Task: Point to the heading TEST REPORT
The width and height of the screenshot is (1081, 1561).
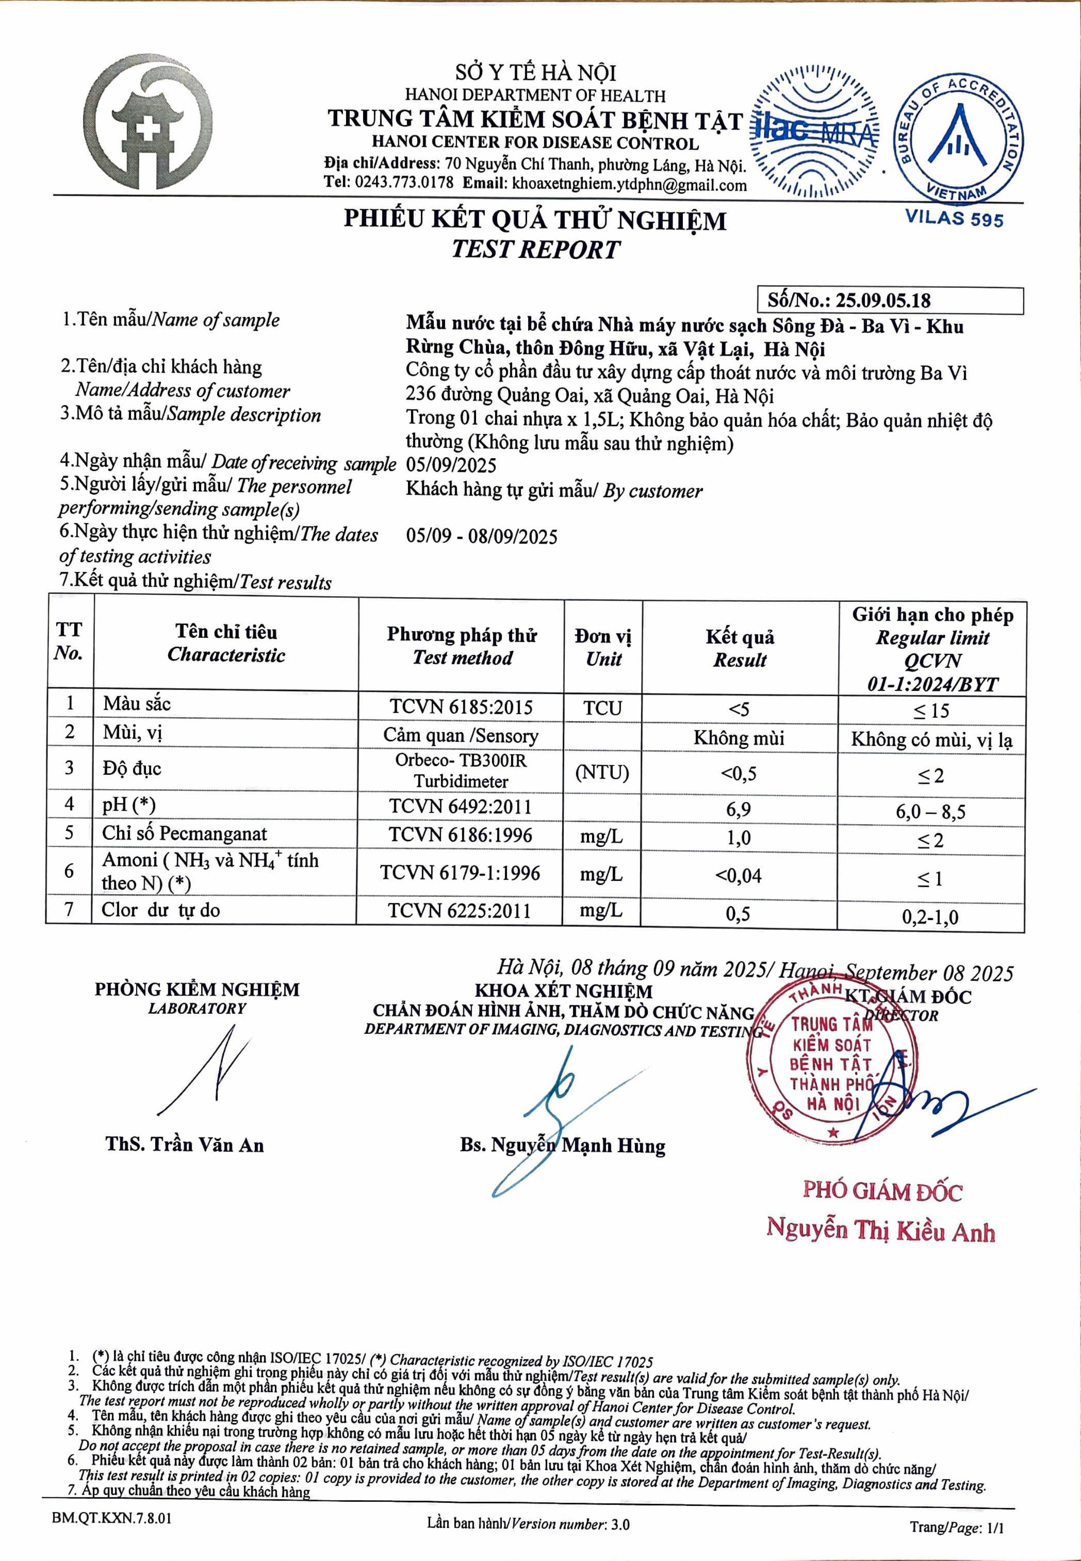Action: tap(535, 249)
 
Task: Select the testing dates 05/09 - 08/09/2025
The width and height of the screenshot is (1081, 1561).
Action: tap(482, 537)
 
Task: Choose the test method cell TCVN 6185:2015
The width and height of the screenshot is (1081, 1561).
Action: tap(461, 707)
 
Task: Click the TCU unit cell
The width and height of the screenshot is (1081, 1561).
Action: tap(602, 708)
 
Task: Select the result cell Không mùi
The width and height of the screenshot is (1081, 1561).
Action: tap(738, 738)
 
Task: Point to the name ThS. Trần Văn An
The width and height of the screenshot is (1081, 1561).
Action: tap(184, 1145)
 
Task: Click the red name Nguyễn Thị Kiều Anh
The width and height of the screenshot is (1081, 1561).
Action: tap(880, 1229)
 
